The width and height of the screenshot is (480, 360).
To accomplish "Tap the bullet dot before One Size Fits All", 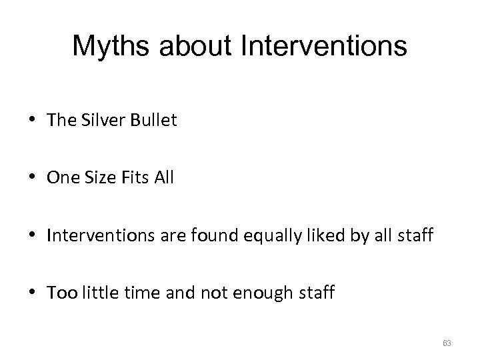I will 33,179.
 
